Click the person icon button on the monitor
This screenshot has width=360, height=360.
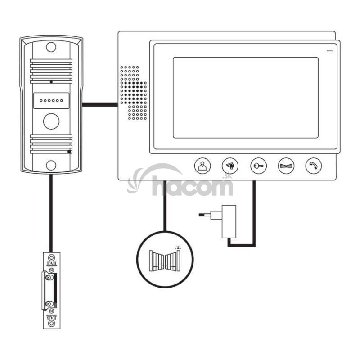click(x=202, y=166)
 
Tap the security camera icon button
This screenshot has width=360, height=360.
click(x=230, y=166)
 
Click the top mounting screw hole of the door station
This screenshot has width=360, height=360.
click(x=51, y=47)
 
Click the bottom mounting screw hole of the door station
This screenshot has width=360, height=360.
click(x=51, y=165)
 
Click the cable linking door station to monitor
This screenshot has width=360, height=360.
click(x=100, y=104)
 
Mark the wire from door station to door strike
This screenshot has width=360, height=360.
click(x=51, y=211)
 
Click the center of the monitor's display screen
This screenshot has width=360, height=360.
click(x=245, y=98)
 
